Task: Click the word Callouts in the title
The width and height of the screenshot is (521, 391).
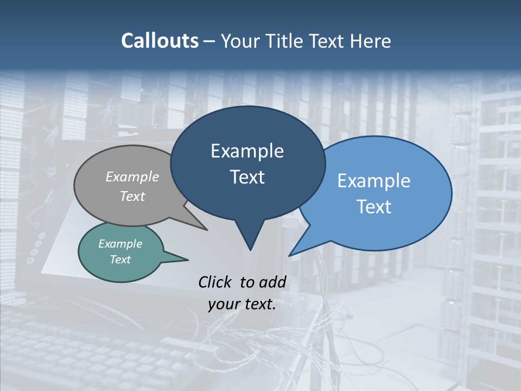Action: (160, 41)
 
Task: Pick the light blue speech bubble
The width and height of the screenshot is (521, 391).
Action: (391, 228)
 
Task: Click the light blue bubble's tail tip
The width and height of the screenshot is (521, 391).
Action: (290, 255)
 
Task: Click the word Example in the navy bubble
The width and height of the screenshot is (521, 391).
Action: (247, 151)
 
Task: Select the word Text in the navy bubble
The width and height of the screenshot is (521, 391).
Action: (247, 177)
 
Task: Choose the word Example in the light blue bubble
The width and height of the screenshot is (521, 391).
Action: (374, 181)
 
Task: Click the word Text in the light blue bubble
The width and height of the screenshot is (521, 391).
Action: (374, 207)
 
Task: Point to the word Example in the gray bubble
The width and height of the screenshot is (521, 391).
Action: (132, 176)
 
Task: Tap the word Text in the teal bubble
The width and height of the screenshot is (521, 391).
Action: (120, 260)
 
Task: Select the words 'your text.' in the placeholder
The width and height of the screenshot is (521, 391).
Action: (242, 304)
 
